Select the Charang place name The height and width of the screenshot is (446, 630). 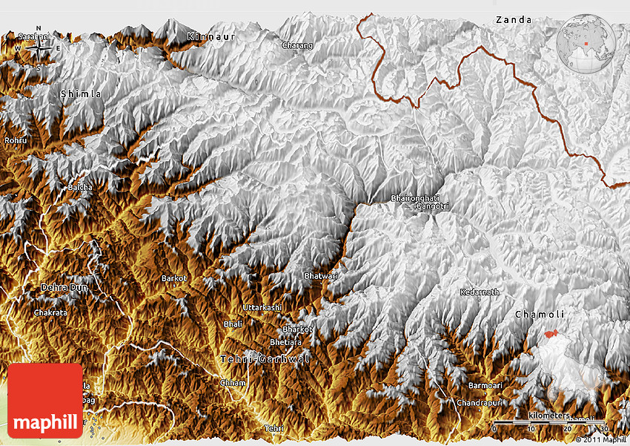point(297,45)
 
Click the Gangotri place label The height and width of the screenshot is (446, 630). point(432,206)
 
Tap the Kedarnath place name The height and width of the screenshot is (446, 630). point(480,292)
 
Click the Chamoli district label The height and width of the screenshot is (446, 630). point(540,315)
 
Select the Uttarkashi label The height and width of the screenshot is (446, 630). point(262,307)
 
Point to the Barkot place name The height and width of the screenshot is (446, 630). point(174,278)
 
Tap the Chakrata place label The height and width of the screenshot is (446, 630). point(50,313)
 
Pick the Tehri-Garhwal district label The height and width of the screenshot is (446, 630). point(265,359)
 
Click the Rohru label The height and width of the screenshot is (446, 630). point(15,140)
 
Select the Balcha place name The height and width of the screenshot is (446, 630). point(80,187)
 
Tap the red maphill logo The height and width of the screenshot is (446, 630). point(45,401)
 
